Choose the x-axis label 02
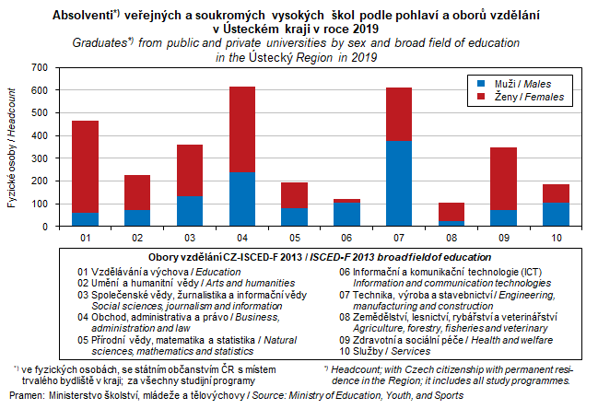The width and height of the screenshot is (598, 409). tap(137, 239)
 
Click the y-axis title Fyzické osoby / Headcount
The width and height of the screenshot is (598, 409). tap(12, 147)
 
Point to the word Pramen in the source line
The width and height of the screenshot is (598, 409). tap(26, 395)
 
